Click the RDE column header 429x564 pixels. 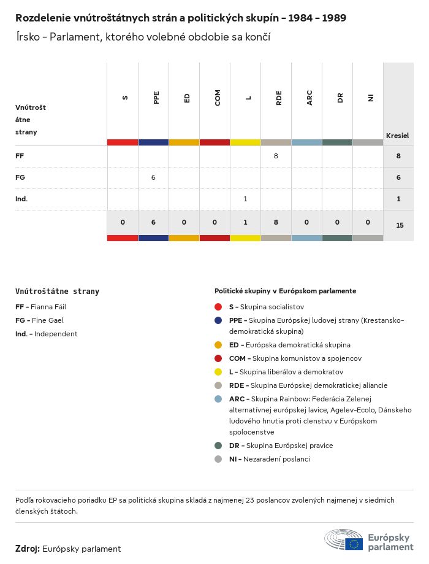[279, 98]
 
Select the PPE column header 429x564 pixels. [156, 98]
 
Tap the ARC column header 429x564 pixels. [309, 98]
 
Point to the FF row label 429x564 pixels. [20, 156]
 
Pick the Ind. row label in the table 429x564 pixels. [21, 199]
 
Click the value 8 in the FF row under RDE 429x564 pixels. [276, 156]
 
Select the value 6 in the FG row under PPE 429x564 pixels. [153, 178]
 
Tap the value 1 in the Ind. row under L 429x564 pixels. [245, 199]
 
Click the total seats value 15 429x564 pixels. [400, 225]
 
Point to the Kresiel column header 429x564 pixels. [397, 136]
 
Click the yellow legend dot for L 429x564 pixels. [218, 372]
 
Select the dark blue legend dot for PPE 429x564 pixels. [218, 320]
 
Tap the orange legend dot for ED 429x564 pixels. [218, 345]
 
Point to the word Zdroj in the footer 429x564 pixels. [28, 549]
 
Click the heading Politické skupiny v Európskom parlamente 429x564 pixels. [285, 291]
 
